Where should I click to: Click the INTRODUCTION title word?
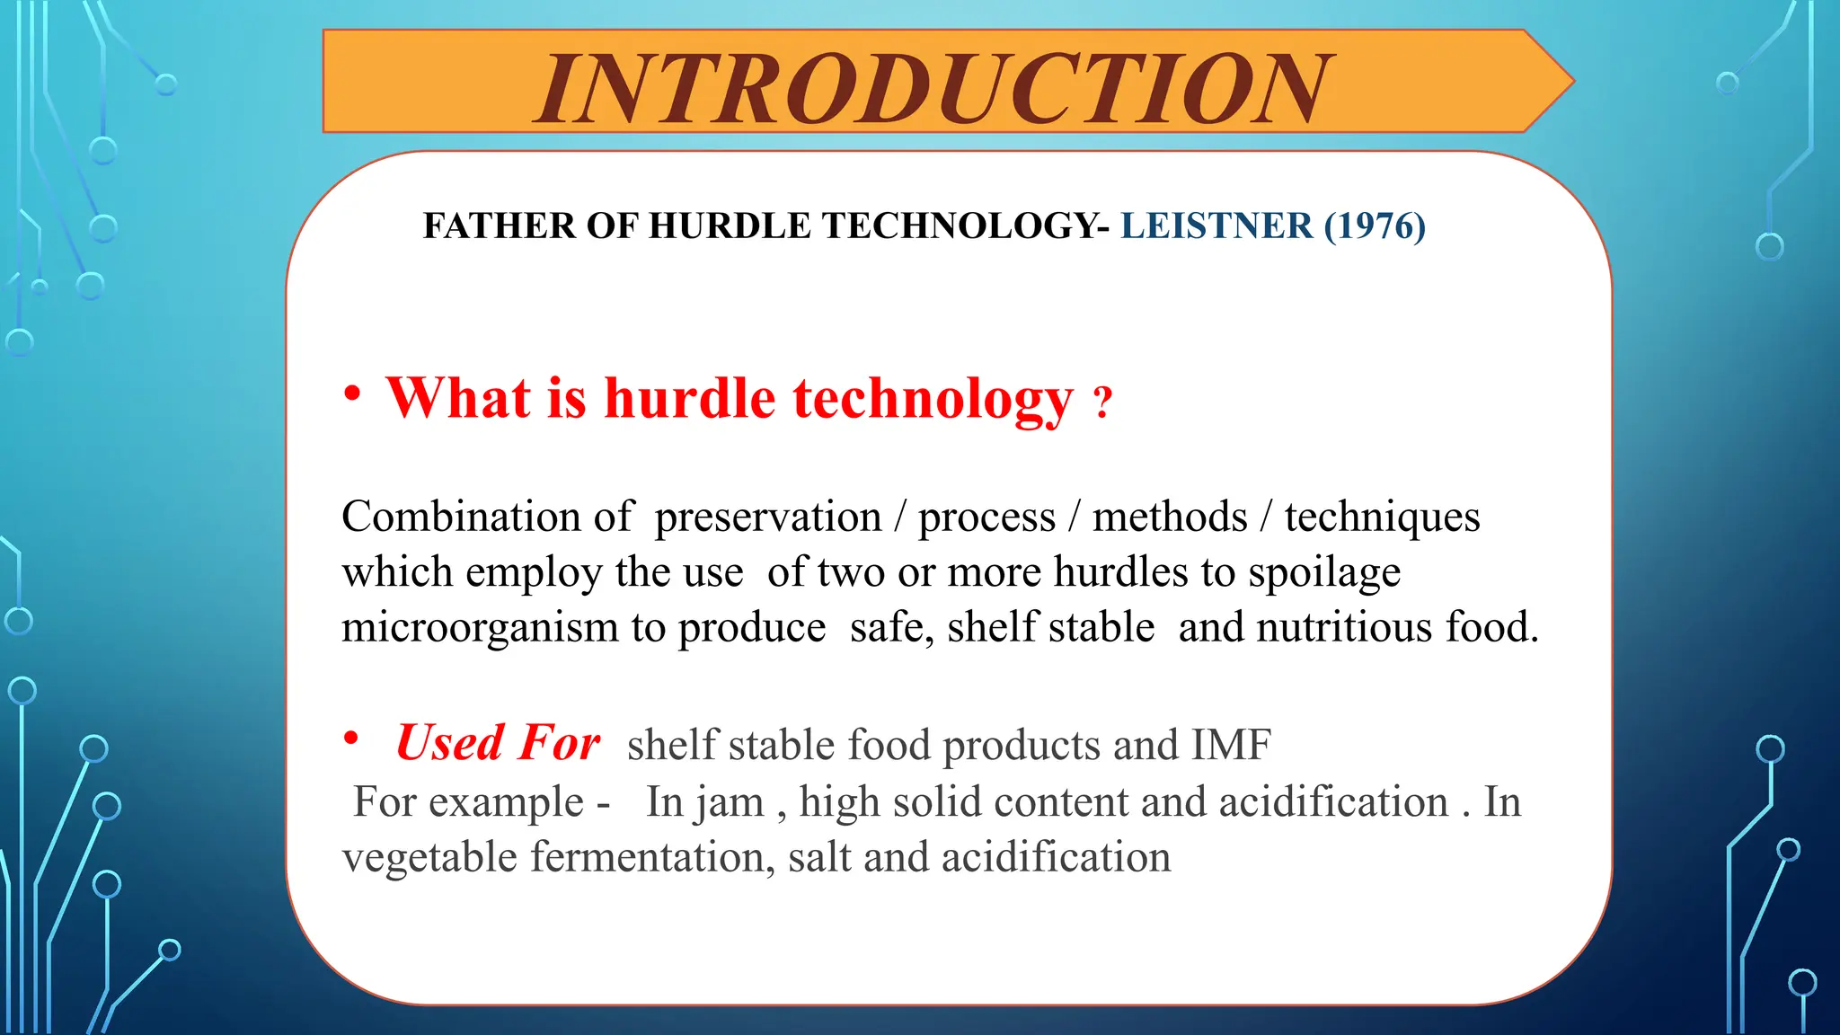[933, 88]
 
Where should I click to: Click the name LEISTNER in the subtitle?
[1216, 226]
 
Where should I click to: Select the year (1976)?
[1375, 226]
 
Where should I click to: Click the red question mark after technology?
[1103, 402]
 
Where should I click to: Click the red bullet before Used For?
[351, 739]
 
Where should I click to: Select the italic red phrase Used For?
[498, 743]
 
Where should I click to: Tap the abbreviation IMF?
[1231, 745]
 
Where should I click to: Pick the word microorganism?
[480, 628]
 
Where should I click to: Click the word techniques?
[1382, 517]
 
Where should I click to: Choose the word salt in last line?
[819, 857]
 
